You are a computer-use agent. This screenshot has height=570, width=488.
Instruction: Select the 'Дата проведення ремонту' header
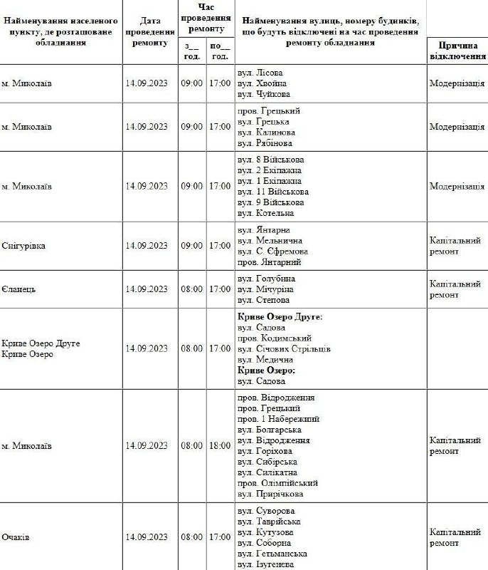tap(150, 32)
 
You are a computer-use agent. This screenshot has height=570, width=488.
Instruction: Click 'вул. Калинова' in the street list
tap(266, 133)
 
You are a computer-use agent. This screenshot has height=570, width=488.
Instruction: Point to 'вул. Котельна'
tap(265, 213)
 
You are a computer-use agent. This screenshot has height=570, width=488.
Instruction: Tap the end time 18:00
tap(220, 446)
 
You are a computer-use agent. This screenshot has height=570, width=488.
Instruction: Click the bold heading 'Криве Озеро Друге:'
tap(280, 316)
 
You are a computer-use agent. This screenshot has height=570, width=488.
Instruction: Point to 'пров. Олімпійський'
tap(278, 483)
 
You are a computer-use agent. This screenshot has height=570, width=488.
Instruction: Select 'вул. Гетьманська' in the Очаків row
tap(272, 554)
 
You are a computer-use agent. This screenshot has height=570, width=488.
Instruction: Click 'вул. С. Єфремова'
tap(272, 252)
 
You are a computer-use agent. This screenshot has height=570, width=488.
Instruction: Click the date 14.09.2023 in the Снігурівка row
tap(147, 246)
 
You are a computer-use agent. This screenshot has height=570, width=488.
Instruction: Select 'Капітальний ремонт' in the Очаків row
tap(455, 537)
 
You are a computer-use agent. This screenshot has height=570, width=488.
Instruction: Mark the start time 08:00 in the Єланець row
tap(191, 289)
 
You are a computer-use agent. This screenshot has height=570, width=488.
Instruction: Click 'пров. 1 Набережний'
tap(279, 419)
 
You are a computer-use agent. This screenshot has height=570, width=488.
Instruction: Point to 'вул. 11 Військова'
tap(272, 192)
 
